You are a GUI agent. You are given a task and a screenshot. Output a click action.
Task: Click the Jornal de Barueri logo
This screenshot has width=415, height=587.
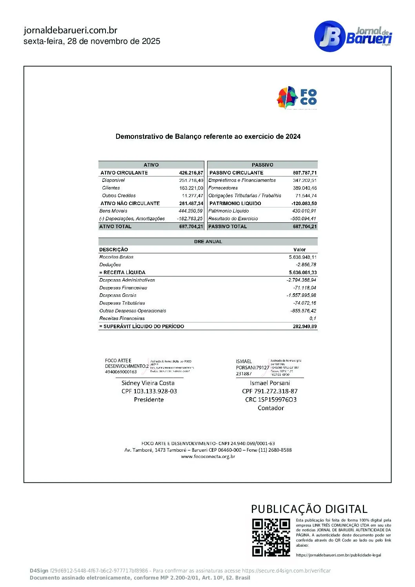click(x=353, y=36)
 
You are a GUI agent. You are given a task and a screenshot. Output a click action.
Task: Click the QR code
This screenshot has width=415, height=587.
click(x=271, y=537)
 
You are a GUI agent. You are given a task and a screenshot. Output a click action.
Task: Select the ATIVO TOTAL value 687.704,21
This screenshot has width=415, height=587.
click(x=191, y=227)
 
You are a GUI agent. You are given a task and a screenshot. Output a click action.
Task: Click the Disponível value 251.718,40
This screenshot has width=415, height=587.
click(x=191, y=180)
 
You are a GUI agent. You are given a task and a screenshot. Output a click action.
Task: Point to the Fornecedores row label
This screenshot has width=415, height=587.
click(x=223, y=188)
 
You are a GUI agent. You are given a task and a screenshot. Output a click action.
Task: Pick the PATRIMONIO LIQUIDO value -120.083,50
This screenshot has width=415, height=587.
click(x=304, y=204)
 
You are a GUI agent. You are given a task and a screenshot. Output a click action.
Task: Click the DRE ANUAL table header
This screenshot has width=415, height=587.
click(x=208, y=242)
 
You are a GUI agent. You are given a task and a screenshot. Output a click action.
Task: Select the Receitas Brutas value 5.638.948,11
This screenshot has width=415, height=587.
click(x=302, y=257)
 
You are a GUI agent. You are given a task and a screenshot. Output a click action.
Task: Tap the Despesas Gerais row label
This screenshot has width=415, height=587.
click(x=118, y=295)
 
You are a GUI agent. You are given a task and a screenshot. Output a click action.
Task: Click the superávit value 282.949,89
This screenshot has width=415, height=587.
click(x=304, y=326)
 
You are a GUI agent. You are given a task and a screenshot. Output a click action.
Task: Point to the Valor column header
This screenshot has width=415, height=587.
click(x=299, y=249)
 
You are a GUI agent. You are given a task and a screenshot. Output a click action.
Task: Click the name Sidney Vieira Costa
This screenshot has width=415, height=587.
click(x=148, y=383)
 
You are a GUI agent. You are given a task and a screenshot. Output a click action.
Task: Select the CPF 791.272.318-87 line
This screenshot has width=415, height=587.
click(x=270, y=391)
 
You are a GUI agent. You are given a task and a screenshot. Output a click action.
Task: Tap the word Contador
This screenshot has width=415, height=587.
click(x=271, y=408)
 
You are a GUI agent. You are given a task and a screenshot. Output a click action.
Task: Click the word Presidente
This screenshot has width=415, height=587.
click(x=149, y=400)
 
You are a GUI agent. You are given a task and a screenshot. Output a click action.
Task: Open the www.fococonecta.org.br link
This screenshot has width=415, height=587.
click(x=208, y=456)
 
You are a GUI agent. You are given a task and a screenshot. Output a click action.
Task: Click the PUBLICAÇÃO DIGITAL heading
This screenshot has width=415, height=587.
click(x=309, y=509)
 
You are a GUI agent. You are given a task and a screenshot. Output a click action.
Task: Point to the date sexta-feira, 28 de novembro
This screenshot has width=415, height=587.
click(x=92, y=41)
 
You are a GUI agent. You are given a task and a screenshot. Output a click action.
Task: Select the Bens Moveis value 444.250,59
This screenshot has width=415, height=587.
click(x=191, y=211)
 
